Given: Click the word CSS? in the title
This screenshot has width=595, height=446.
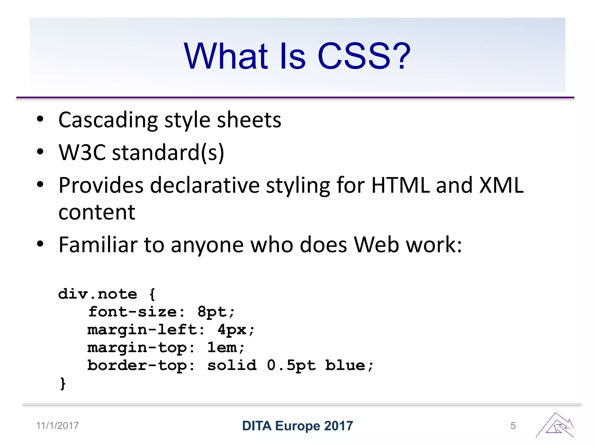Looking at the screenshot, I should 364,56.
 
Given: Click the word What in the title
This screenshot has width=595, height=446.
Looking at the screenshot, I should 225,56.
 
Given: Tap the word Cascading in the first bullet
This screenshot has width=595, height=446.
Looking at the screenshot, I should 108,120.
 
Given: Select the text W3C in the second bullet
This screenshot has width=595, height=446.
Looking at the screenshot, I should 82,152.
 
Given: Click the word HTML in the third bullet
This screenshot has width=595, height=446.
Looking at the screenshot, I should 401,185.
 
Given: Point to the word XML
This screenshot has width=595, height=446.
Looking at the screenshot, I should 502,185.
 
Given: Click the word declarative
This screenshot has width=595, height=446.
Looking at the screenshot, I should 205,185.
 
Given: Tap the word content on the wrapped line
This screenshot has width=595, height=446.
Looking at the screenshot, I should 97,212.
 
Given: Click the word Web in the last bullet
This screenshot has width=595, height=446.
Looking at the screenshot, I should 377,245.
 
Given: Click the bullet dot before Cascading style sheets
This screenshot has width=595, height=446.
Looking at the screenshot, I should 40,119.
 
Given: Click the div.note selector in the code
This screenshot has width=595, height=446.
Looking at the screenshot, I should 98,294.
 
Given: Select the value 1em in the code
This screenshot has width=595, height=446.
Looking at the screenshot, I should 222,348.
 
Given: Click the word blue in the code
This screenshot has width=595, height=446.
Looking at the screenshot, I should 345,365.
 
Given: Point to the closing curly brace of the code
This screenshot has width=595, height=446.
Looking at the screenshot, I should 63,383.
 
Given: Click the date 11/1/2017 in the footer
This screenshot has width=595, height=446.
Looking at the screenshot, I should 58,426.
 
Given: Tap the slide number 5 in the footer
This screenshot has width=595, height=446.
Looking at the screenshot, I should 513,426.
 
